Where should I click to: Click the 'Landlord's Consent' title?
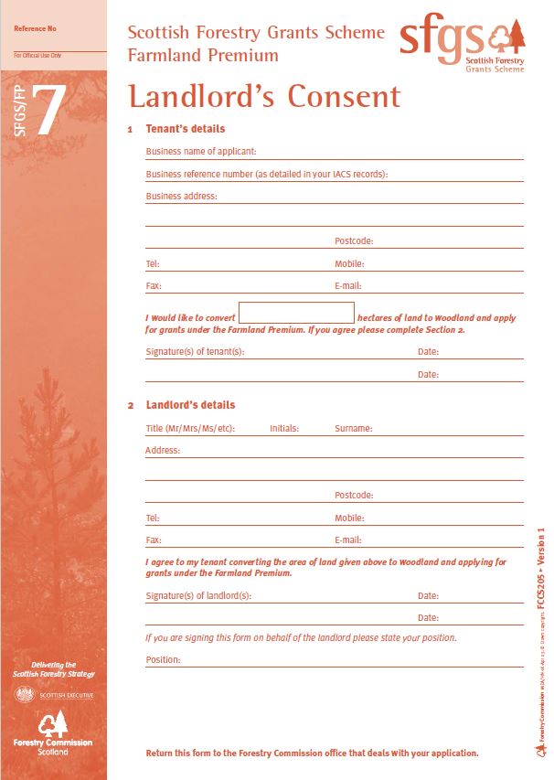(x=263, y=96)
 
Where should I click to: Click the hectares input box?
(x=295, y=313)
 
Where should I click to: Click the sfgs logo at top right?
(x=463, y=43)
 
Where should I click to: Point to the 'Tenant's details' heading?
(x=185, y=129)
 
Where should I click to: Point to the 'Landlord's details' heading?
(x=190, y=405)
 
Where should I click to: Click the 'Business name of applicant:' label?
(x=200, y=152)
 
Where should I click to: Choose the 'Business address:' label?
(x=181, y=196)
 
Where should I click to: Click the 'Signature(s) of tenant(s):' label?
(x=195, y=351)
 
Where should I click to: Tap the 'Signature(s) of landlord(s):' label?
(x=197, y=595)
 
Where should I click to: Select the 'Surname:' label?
(x=353, y=428)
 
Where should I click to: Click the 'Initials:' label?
(x=284, y=428)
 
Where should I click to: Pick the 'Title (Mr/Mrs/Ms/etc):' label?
(x=190, y=428)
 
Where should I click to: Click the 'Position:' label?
(x=163, y=659)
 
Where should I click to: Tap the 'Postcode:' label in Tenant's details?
(x=354, y=241)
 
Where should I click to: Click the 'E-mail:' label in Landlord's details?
(x=348, y=540)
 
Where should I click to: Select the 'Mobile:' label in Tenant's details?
(x=349, y=264)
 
